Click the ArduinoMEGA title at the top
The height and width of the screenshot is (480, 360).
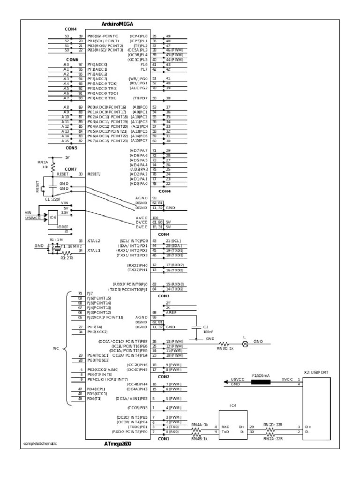click(x=117, y=23)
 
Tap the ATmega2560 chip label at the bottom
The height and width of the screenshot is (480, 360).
click(x=118, y=443)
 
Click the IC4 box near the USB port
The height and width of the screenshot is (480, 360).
click(x=233, y=405)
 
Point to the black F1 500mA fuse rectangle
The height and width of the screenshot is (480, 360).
click(x=261, y=382)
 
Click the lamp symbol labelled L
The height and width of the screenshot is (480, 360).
click(x=244, y=344)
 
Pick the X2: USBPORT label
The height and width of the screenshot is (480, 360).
click(x=316, y=372)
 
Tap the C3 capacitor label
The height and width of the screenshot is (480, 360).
click(x=205, y=326)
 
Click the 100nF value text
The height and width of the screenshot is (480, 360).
click(x=207, y=331)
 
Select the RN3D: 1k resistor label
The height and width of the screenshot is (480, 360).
click(x=225, y=348)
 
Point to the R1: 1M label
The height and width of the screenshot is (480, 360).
click(x=56, y=240)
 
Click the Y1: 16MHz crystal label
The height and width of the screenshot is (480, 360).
click(x=71, y=246)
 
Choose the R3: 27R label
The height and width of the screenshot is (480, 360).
click(x=66, y=257)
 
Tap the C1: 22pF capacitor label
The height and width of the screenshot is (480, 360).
click(x=54, y=199)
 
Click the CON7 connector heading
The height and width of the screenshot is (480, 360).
click(x=70, y=169)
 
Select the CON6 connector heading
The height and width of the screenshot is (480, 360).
click(x=72, y=60)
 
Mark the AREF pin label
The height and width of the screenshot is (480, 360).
click(x=171, y=312)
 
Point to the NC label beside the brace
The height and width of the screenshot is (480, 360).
click(x=56, y=348)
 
